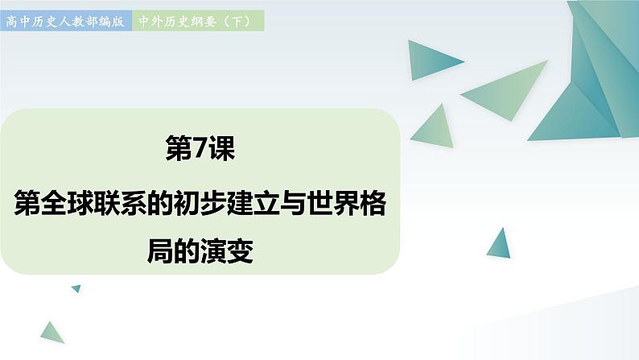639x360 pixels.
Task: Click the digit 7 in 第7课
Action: click(x=200, y=148)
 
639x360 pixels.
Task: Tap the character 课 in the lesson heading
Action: click(x=221, y=148)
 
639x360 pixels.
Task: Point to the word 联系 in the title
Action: click(x=120, y=203)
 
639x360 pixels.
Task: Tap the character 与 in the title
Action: click(x=294, y=203)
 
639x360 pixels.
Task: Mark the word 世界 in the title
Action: click(x=333, y=203)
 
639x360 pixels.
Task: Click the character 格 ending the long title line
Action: click(x=373, y=203)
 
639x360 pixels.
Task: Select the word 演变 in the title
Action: click(x=227, y=251)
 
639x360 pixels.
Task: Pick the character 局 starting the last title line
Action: click(x=160, y=251)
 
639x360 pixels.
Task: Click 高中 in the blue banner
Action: click(x=18, y=21)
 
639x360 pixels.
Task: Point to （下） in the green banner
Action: click(x=237, y=21)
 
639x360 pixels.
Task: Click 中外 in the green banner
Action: click(x=150, y=21)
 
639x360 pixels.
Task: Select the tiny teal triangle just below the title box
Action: click(x=77, y=288)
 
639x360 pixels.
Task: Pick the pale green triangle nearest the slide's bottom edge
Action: click(x=52, y=333)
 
